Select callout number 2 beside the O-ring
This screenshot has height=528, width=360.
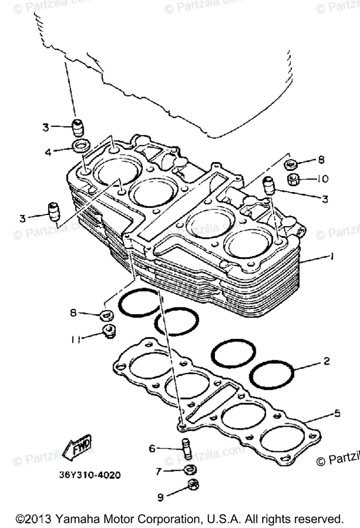pos(326,362)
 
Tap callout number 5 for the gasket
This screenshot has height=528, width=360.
pos(337,413)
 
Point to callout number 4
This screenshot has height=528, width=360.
pos(48,152)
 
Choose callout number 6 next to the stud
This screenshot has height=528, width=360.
pos(152,448)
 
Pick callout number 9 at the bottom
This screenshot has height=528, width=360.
pos(161,497)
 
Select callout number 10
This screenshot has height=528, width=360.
pos(324,179)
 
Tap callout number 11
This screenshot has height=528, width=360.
pos(75,339)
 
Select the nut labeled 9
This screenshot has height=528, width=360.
pos(192,484)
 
